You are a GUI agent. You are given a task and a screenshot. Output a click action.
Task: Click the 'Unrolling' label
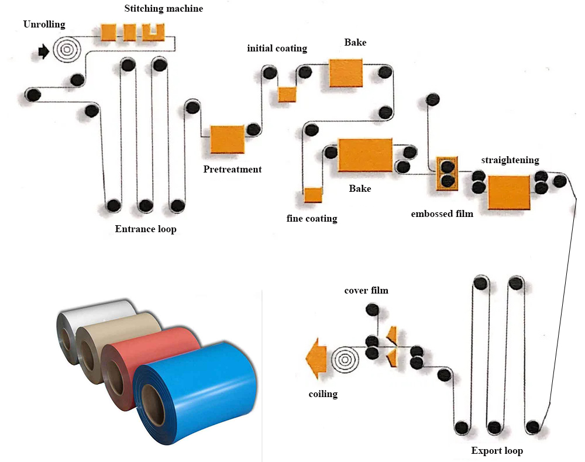[44, 25]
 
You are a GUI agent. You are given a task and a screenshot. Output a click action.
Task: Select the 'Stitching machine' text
[163, 9]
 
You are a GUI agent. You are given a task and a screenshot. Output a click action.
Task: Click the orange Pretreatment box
[227, 139]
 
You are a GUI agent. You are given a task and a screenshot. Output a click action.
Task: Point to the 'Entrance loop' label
[146, 229]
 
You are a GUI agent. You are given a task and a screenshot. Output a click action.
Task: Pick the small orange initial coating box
[287, 94]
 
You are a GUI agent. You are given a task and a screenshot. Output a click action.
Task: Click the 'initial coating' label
[277, 48]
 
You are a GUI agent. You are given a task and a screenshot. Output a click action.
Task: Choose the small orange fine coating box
[313, 195]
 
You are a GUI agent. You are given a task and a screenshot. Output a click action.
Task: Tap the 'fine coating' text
[312, 219]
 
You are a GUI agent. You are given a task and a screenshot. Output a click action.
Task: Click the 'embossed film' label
[442, 213]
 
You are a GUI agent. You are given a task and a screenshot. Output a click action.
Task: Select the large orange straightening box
[509, 192]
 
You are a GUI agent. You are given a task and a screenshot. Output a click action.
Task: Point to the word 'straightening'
[510, 160]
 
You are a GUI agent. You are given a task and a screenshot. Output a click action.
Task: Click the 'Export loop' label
[497, 451]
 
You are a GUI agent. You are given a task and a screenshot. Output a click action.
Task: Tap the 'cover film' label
[366, 290]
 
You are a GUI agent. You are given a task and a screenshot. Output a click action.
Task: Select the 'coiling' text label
[323, 394]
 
